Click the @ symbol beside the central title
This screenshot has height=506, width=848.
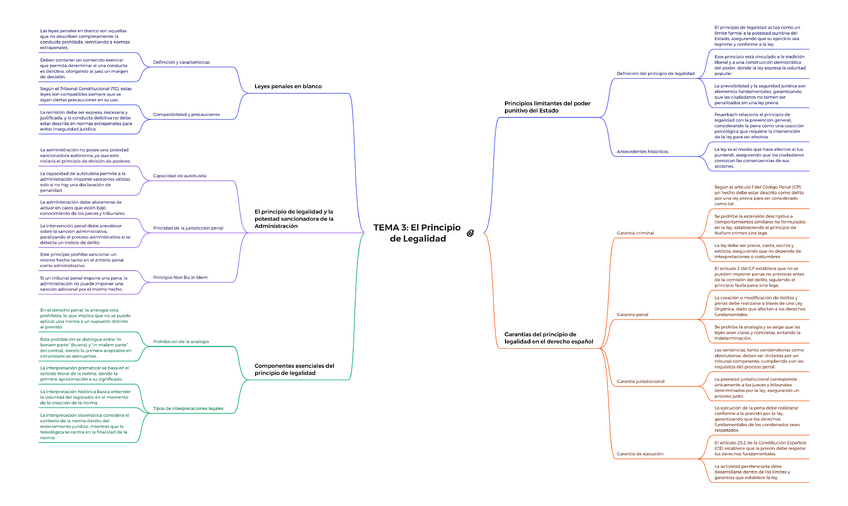pos(470,233)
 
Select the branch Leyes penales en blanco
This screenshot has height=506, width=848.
pos(289,87)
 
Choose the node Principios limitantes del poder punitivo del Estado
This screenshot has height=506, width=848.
pos(547,106)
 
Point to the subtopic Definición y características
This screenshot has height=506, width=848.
pos(181,62)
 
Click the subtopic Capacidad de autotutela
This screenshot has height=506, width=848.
pos(179,175)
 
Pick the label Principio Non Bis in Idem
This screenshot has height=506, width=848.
pos(180,276)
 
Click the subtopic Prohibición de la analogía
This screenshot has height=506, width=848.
pos(180,342)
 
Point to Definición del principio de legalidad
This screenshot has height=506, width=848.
pos(656,73)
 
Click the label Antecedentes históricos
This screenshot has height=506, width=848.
pos(642,151)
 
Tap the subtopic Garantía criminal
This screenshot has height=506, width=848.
pos(636,232)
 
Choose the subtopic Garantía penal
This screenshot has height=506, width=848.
pos(633,314)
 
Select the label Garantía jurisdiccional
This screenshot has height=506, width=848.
pos(641,381)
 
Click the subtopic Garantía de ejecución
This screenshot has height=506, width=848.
pos(639,453)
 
